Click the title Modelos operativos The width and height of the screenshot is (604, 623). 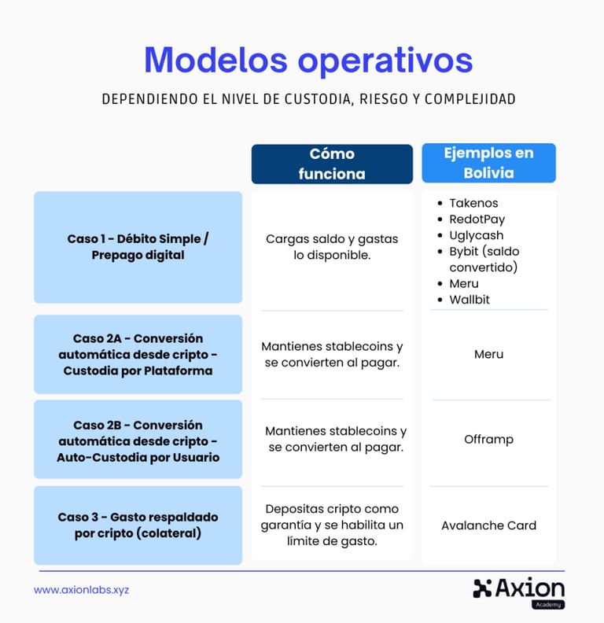[308, 61]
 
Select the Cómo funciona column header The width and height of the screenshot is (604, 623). [332, 164]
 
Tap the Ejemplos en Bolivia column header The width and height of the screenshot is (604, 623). [488, 163]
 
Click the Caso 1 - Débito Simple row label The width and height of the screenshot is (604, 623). [138, 247]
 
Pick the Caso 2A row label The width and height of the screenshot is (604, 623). [138, 355]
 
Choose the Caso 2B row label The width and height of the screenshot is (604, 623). [138, 441]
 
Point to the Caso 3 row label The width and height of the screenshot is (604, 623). [138, 525]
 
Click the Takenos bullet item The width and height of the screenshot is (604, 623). [473, 203]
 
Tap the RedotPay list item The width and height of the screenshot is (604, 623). [477, 219]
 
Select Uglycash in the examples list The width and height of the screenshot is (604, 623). [476, 235]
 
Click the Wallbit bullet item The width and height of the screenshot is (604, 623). [470, 300]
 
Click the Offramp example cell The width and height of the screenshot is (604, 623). [488, 439]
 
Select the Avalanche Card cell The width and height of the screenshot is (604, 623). [488, 525]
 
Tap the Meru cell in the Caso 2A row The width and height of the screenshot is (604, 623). [488, 354]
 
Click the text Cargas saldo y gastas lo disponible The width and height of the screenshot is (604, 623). [332, 247]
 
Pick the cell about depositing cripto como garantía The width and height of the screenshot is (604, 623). [332, 525]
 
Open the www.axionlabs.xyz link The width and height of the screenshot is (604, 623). [81, 589]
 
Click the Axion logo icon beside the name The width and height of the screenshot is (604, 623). [482, 588]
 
